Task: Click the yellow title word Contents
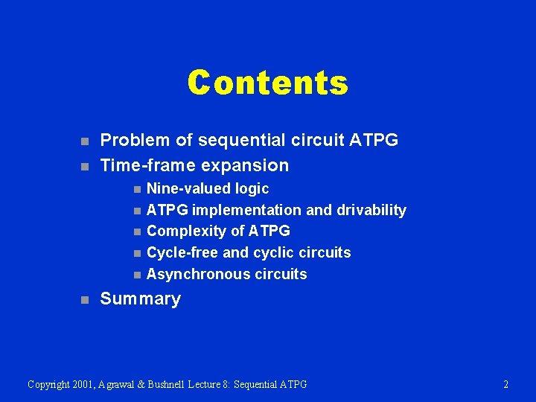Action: [267, 83]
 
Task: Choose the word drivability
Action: [371, 211]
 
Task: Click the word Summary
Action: [140, 299]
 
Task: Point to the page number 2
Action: [506, 385]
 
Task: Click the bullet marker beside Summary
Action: [85, 300]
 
